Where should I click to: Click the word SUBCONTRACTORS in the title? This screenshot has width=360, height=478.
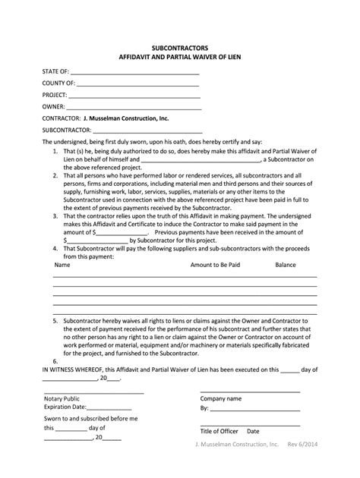[x=180, y=47]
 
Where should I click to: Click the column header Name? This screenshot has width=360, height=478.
[x=62, y=266]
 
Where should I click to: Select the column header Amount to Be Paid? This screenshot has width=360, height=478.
[x=216, y=266]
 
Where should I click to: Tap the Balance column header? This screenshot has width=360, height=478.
[x=286, y=266]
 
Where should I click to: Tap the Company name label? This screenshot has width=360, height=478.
[x=220, y=398]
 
